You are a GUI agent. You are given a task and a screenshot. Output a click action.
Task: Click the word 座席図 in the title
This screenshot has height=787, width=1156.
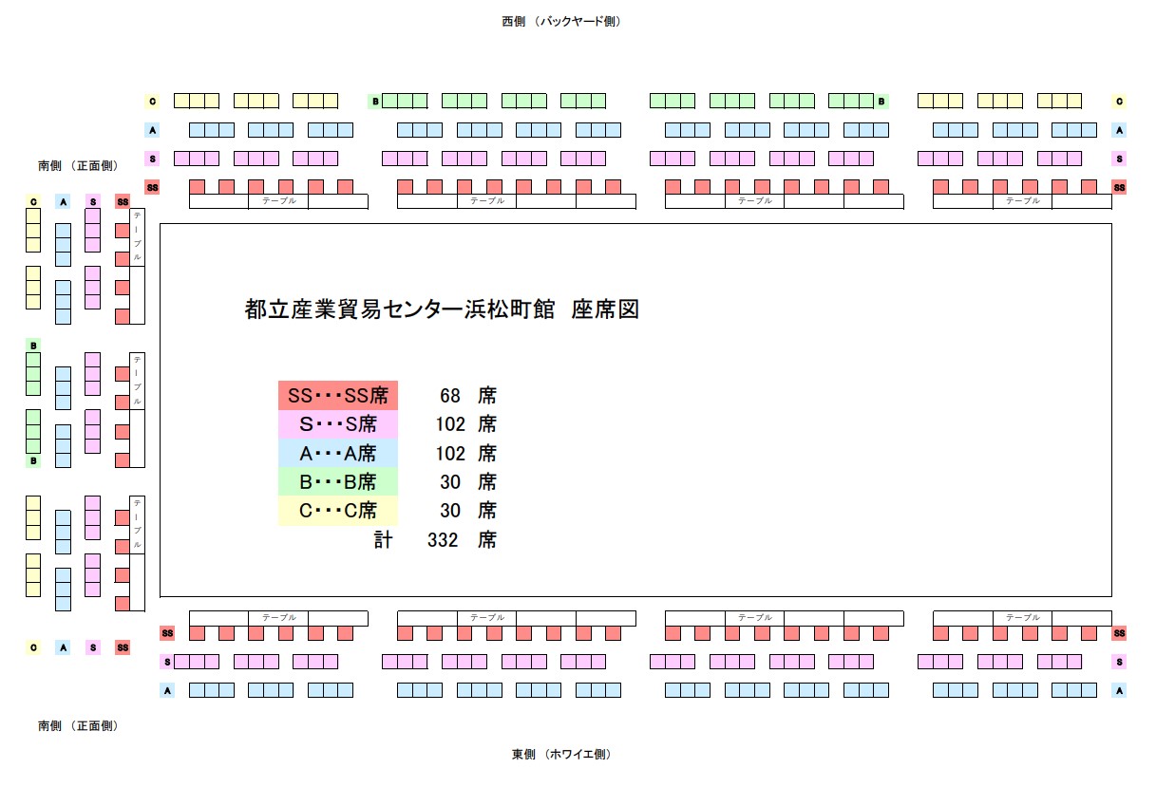tap(605, 309)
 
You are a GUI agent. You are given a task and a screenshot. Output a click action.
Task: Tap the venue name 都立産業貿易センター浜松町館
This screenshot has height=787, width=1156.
tap(399, 309)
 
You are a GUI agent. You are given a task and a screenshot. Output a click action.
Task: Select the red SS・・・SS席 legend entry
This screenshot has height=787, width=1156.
tap(337, 396)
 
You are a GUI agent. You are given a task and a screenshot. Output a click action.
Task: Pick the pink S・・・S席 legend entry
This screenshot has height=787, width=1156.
tap(337, 424)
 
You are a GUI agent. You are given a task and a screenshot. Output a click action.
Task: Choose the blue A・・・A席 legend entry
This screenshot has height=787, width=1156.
tap(337, 454)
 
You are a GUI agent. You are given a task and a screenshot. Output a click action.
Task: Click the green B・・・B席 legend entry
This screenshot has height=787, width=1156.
tap(337, 482)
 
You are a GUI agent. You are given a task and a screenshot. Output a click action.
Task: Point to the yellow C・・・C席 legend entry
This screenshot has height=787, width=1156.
tap(337, 511)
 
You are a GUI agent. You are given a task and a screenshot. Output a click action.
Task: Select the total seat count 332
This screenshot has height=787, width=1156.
tap(444, 540)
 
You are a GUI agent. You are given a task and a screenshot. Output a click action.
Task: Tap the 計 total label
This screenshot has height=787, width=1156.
tap(383, 540)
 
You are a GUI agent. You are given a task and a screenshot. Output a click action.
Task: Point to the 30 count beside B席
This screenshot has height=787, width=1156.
tap(450, 482)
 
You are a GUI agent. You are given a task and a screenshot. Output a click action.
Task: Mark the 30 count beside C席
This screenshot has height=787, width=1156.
tap(450, 511)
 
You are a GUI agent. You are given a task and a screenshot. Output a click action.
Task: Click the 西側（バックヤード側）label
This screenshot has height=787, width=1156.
tap(561, 21)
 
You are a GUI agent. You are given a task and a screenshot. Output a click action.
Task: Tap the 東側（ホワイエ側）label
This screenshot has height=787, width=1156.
tap(561, 755)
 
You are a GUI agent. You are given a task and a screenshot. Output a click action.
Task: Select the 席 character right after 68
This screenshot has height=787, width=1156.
tap(487, 396)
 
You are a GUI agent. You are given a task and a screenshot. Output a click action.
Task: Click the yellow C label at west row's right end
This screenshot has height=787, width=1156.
tap(1120, 101)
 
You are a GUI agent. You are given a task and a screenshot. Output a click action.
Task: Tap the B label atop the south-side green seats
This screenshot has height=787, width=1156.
tap(33, 346)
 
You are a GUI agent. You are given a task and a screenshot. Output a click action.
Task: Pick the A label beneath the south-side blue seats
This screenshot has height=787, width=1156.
tap(63, 647)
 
